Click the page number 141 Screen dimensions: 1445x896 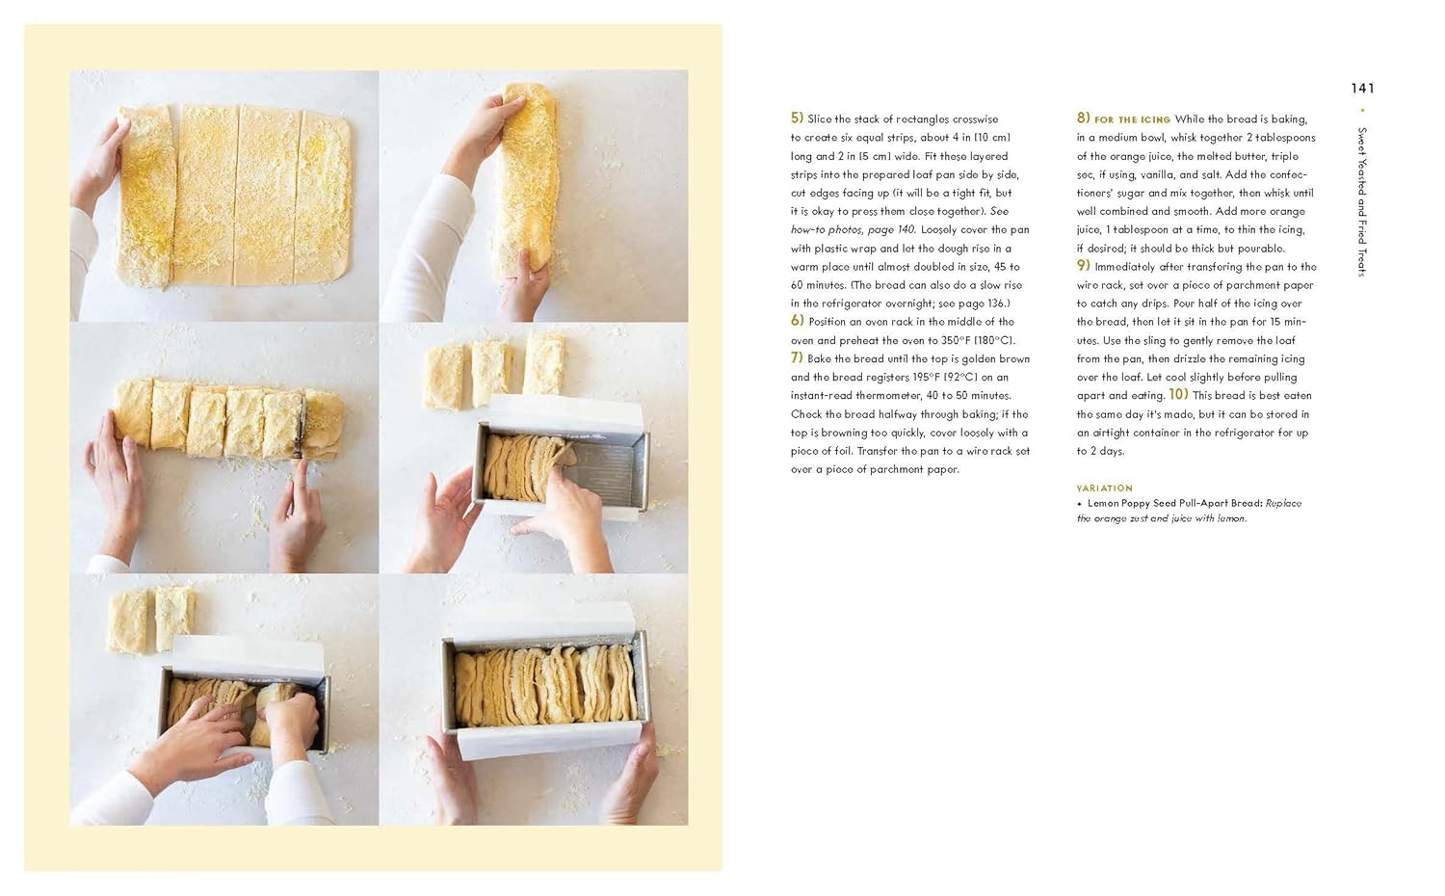1362,89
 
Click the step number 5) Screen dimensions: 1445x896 797,119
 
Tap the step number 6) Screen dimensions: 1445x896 798,321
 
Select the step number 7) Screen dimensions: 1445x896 797,357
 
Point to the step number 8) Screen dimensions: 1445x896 1083,119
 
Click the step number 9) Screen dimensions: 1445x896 1083,265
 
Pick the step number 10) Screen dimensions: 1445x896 1178,394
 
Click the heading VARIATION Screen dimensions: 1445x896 1104,488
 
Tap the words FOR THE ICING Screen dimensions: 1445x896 1132,120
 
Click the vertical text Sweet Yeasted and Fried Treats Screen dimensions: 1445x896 1362,202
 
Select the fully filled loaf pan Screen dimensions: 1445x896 545,684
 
